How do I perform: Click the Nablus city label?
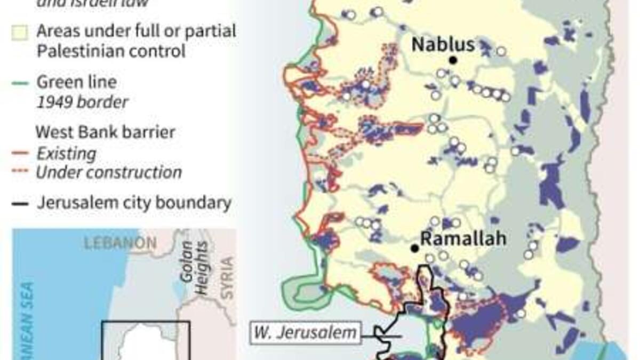443,44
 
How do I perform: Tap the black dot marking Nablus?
453,60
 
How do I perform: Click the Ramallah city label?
463,238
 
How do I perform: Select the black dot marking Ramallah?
414,249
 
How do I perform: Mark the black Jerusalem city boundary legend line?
20,204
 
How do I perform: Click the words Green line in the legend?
76,82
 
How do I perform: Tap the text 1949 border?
82,101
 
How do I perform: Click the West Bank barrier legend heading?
105,132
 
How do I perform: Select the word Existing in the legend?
66,154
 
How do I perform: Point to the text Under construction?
109,172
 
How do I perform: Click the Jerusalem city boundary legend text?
134,203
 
